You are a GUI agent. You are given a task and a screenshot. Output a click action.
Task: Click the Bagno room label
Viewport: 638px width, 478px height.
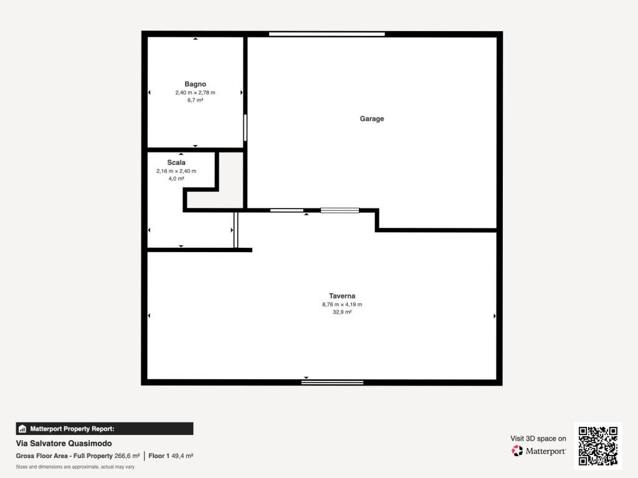(195, 84)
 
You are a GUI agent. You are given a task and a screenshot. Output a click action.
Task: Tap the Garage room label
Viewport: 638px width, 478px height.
(372, 119)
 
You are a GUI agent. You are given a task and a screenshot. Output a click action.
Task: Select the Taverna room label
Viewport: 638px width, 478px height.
(342, 296)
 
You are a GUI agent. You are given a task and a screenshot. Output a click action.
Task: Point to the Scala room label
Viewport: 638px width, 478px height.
(176, 162)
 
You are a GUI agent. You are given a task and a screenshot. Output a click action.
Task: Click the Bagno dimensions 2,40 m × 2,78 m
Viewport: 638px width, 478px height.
(195, 93)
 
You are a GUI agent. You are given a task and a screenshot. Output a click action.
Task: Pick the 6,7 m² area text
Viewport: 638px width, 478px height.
(195, 100)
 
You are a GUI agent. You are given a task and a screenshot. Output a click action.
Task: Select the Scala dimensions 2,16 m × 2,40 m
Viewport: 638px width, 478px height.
(176, 171)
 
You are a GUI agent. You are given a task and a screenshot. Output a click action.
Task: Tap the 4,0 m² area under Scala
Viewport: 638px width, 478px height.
(176, 179)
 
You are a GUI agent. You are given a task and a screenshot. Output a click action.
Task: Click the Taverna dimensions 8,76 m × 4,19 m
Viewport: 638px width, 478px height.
(342, 304)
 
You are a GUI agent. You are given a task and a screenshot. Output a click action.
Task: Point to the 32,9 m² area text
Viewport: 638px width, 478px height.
(342, 312)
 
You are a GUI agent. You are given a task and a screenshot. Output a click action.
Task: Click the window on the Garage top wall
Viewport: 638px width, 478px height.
(326, 34)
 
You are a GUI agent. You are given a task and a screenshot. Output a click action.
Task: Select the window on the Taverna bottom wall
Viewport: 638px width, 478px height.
(333, 382)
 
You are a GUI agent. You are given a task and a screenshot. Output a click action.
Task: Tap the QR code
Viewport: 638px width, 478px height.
(598, 446)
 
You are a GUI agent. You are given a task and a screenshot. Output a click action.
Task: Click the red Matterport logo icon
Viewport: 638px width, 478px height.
(517, 451)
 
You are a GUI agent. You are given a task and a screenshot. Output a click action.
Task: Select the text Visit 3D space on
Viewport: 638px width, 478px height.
(538, 439)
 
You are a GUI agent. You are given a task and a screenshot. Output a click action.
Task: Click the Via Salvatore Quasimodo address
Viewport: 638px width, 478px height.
(64, 443)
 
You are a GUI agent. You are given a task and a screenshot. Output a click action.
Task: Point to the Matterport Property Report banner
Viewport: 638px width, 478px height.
(105, 429)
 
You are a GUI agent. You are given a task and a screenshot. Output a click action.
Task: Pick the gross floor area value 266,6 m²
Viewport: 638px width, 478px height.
(127, 456)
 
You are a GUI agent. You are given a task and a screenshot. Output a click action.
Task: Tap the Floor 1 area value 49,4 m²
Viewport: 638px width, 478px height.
(183, 456)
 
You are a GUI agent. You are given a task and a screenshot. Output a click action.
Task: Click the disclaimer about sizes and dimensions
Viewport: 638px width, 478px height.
(75, 467)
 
